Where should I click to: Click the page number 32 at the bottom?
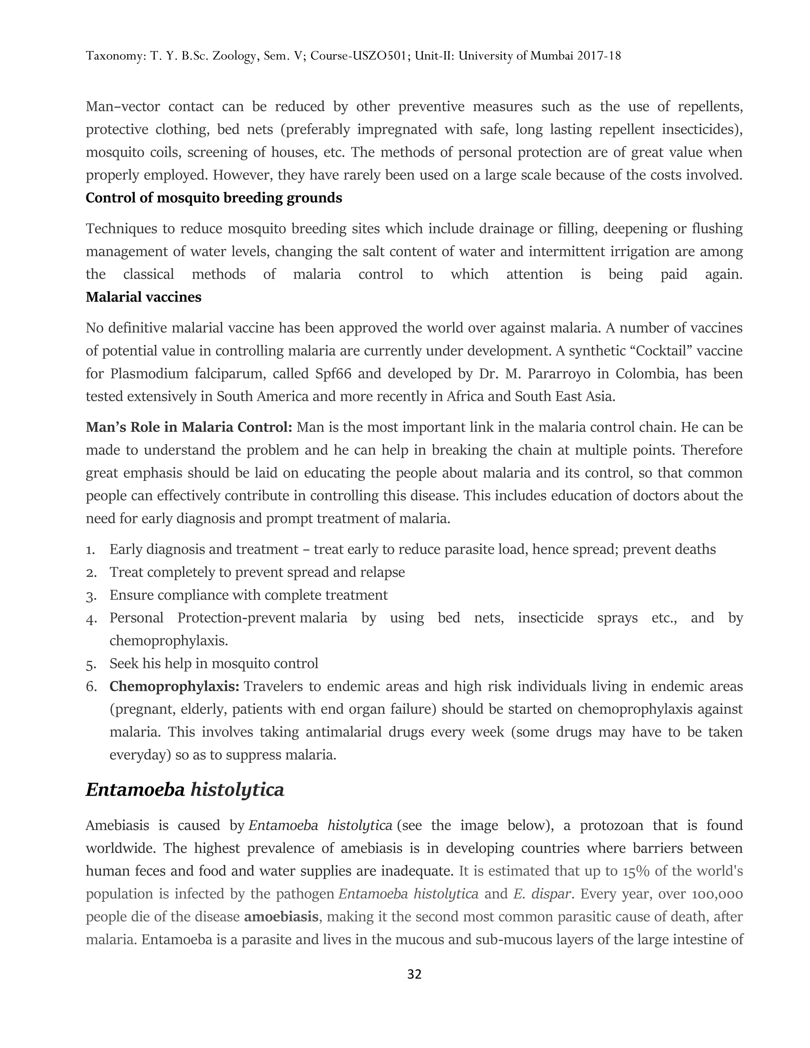click(x=414, y=974)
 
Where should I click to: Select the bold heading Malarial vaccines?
click(x=144, y=297)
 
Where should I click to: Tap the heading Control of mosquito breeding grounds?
click(x=214, y=198)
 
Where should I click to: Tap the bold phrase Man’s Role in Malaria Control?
click(x=189, y=427)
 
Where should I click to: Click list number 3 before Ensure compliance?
click(x=91, y=596)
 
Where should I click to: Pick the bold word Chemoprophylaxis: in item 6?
click(x=174, y=686)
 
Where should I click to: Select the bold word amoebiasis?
click(x=281, y=917)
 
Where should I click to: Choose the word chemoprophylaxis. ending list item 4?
click(x=168, y=641)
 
